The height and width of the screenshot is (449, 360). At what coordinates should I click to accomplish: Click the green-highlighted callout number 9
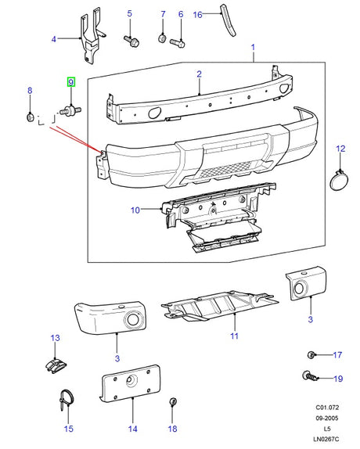tap(70, 82)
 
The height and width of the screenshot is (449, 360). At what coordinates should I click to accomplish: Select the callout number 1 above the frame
tap(253, 48)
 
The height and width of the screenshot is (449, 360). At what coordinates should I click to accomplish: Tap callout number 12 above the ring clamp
tap(340, 147)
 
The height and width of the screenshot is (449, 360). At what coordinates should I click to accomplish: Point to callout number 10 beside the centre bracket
tap(135, 210)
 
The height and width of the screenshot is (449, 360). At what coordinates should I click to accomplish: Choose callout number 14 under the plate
tap(132, 429)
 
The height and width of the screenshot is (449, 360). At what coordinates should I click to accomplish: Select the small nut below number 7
tap(162, 38)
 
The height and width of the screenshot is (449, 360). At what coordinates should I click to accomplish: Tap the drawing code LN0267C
tap(329, 440)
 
